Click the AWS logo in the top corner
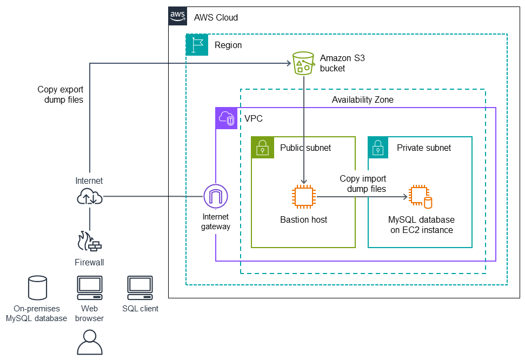(178, 16)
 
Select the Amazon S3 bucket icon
(303, 63)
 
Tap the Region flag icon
(197, 45)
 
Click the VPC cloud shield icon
(227, 118)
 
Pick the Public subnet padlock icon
(262, 147)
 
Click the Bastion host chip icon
(304, 197)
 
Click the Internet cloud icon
(89, 197)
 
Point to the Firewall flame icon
(90, 242)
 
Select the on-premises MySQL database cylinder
(37, 288)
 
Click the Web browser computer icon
(89, 288)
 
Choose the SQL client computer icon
(140, 288)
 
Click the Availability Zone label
(362, 100)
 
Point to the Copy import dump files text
(363, 184)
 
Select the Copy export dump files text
(61, 95)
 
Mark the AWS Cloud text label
(216, 17)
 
